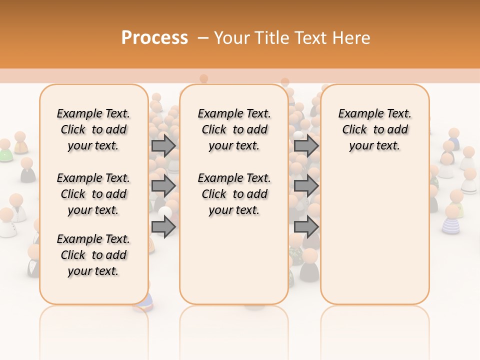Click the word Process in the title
point(154,38)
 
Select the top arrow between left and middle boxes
point(163,145)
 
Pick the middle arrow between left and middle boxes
point(163,186)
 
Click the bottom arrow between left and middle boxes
point(163,227)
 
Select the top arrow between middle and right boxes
point(306,145)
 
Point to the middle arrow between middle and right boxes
point(306,186)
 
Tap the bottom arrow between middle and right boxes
point(306,227)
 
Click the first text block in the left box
point(93,129)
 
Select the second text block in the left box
point(93,194)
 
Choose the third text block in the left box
point(93,255)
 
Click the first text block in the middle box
point(234,129)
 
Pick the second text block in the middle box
point(234,194)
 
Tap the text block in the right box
point(375,129)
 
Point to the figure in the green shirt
point(5,150)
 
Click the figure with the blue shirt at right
point(453,139)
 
